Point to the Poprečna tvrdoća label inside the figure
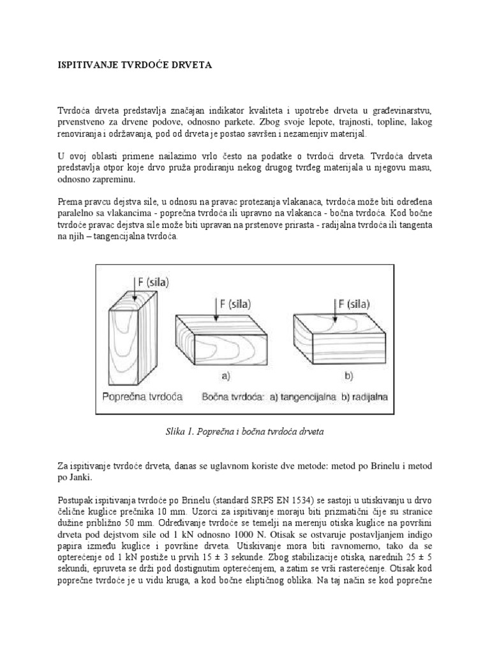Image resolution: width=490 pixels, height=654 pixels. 142,397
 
